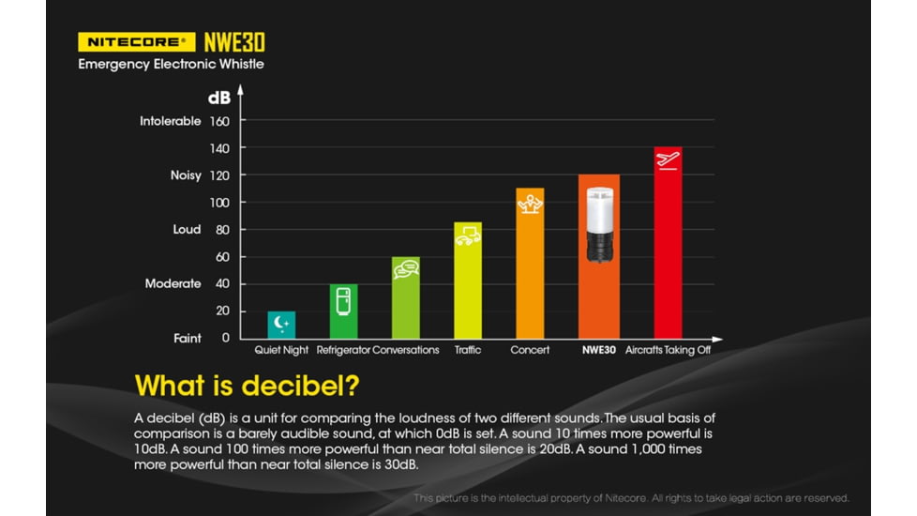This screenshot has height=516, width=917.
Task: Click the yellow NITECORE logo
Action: (x=137, y=41)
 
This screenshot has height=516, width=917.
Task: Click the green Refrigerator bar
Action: (x=343, y=311)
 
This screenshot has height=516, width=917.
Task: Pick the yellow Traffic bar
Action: (x=468, y=281)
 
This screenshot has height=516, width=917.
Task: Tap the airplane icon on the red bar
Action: (x=668, y=159)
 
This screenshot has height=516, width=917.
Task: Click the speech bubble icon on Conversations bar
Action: (x=405, y=269)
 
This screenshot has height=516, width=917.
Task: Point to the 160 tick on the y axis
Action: (x=220, y=121)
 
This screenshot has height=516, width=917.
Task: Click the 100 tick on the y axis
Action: (x=220, y=203)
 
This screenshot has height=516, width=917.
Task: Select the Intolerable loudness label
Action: (x=171, y=121)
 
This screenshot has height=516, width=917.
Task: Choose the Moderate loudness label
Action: (x=173, y=283)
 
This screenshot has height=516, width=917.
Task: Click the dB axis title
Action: (x=218, y=97)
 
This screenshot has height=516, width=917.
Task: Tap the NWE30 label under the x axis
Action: (x=598, y=350)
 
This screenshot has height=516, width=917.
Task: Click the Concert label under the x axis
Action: (x=530, y=350)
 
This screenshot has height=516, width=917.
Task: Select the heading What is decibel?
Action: (x=248, y=386)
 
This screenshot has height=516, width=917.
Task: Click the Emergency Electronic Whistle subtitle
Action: (x=171, y=64)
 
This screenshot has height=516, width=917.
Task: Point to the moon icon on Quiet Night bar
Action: (x=281, y=324)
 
